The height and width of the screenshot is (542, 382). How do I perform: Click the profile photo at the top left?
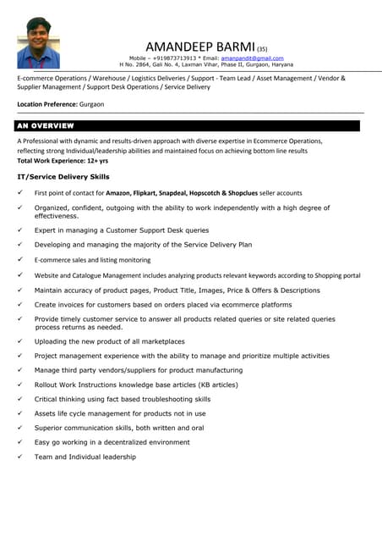[x=38, y=43]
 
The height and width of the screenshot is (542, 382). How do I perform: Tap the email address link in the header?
[x=252, y=58]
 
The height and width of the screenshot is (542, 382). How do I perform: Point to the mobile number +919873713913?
[x=175, y=58]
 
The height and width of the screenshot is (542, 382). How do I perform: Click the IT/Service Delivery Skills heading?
[x=63, y=176]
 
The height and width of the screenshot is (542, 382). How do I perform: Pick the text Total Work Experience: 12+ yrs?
[x=63, y=160]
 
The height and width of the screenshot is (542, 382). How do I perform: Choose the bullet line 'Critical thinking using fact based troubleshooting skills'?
[x=123, y=399]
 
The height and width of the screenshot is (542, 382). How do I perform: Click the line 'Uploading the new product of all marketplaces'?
[x=110, y=341]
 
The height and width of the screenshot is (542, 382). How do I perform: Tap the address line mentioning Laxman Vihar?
[x=206, y=64]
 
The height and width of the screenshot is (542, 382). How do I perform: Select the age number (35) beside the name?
[x=262, y=49]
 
